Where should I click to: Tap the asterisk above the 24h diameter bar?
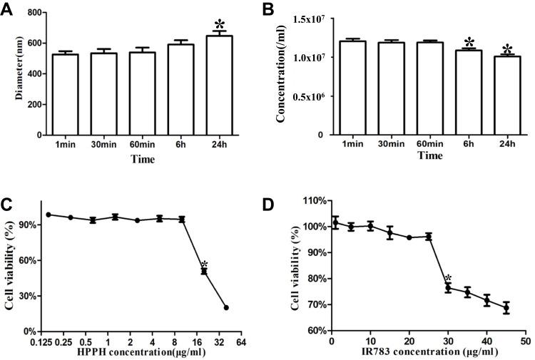[x=218, y=25]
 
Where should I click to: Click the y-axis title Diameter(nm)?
[x=10, y=73]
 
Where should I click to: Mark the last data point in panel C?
[x=226, y=308]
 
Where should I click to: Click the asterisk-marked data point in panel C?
[x=204, y=271]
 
